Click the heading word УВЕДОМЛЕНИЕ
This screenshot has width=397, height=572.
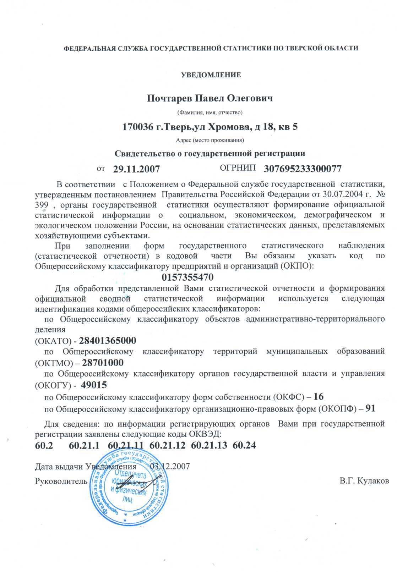211,75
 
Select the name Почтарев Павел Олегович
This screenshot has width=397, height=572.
210,98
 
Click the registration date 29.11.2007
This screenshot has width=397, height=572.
136,169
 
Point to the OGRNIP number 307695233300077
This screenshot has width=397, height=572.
303,169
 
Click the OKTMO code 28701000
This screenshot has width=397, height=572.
103,363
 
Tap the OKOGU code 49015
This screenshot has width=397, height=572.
94,385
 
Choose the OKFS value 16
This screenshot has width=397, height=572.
319,396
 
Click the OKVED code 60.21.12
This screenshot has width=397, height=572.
168,445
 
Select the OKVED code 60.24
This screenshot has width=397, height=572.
244,445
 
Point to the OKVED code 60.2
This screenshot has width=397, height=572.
44,445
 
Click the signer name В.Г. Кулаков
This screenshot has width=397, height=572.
364,481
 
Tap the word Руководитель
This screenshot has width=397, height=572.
61,481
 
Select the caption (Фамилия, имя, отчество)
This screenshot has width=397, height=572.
210,113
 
